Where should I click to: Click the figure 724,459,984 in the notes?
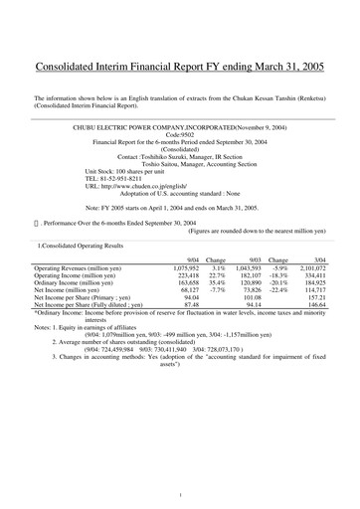134,351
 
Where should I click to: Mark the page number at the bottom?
179,494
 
